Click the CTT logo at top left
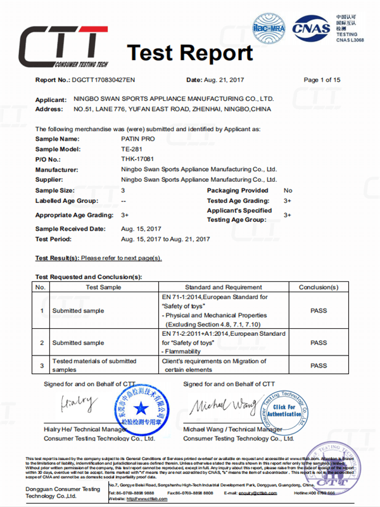pos(60,44)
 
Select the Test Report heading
pos(189,53)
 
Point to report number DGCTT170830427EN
pos(104,80)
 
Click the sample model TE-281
pos(131,149)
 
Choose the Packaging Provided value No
pos(288,190)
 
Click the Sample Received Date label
pos(70,229)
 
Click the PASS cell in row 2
pos(319,343)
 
